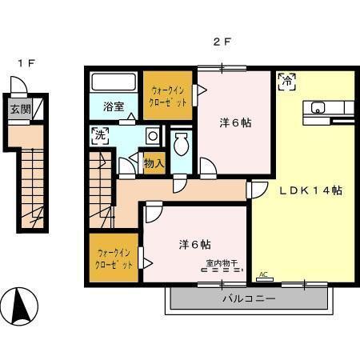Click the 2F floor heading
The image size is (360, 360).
(221, 42)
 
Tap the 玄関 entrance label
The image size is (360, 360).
(20, 109)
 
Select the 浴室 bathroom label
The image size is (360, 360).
(113, 106)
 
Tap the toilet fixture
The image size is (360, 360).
(181, 146)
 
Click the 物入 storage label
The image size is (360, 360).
(154, 163)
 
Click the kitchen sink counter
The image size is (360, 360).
(326, 107)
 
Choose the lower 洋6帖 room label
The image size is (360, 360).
(189, 245)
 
